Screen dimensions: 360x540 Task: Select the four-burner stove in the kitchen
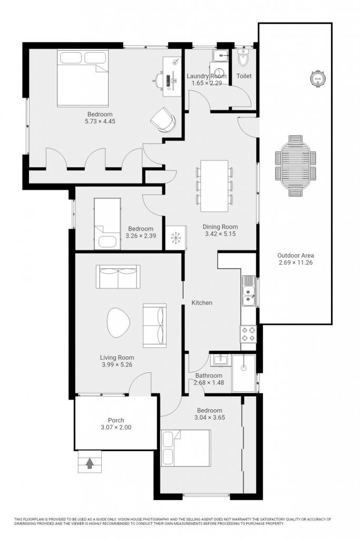(248, 334)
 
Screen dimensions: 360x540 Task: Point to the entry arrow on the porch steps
(90, 463)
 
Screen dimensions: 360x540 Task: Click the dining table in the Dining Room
(215, 186)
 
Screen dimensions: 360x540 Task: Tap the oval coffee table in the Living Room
(119, 323)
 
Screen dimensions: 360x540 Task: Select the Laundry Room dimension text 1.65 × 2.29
(207, 83)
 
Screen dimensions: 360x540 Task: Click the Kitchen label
(202, 303)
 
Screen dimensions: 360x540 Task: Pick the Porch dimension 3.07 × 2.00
(116, 427)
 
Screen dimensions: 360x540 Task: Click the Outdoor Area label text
(296, 256)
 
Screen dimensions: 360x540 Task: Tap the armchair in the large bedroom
(163, 120)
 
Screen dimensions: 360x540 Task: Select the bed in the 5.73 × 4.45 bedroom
(83, 78)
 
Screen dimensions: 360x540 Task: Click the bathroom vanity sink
(220, 360)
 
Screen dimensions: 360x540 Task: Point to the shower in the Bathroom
(244, 374)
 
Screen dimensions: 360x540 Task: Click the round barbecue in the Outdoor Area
(317, 78)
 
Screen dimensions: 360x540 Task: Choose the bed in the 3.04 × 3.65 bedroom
(186, 448)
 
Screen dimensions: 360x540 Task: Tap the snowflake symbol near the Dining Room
(176, 238)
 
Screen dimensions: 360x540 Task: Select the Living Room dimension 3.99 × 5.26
(117, 365)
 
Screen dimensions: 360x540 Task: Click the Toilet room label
(244, 76)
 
